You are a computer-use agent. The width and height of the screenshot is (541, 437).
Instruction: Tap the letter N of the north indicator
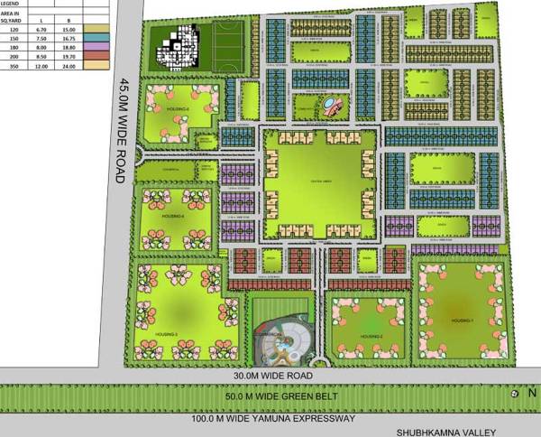click(x=531, y=393)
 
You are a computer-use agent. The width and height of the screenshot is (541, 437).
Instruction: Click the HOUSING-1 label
click(x=463, y=320)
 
